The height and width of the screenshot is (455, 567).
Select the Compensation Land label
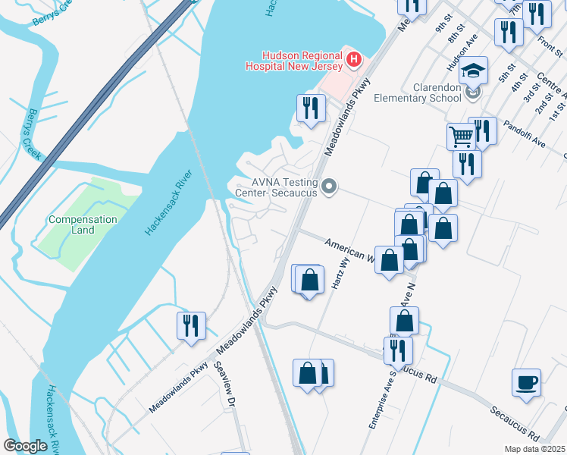click(83, 224)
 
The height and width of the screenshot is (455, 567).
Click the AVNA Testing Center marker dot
click(329, 186)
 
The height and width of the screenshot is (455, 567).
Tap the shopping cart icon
click(461, 136)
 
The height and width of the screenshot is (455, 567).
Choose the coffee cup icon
click(526, 381)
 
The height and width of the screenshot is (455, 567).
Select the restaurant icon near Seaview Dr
click(190, 325)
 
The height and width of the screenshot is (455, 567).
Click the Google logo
click(26, 446)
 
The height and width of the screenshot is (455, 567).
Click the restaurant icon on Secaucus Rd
click(397, 350)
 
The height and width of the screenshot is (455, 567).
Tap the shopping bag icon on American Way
click(390, 259)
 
